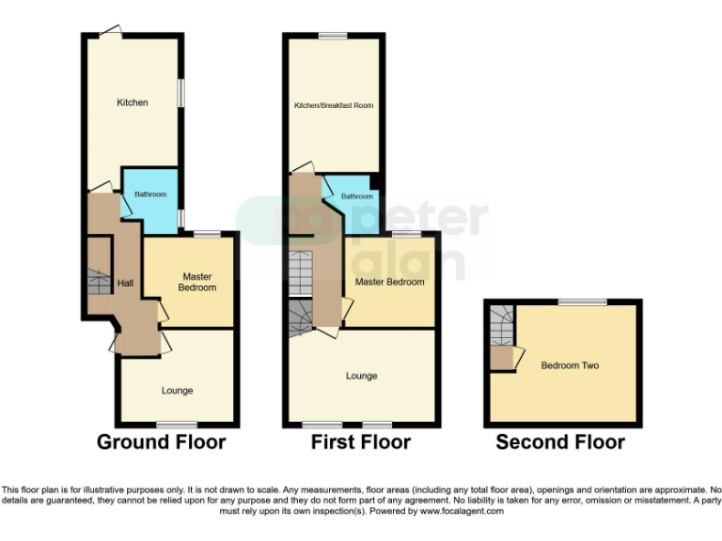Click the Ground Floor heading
click(x=162, y=441)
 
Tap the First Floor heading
click(x=361, y=441)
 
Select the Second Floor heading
click(x=560, y=441)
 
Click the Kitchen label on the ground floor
click(x=133, y=102)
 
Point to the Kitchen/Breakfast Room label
click(x=334, y=105)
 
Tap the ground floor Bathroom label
click(x=149, y=194)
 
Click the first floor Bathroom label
click(x=356, y=196)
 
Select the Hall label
click(x=125, y=283)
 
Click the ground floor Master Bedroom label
click(x=199, y=282)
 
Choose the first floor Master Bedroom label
click(x=389, y=282)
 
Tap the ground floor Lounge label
click(x=177, y=390)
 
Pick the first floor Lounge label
click(x=361, y=376)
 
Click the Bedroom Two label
click(x=570, y=365)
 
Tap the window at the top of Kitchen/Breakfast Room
click(x=333, y=36)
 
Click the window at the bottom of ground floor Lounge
click(x=170, y=425)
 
